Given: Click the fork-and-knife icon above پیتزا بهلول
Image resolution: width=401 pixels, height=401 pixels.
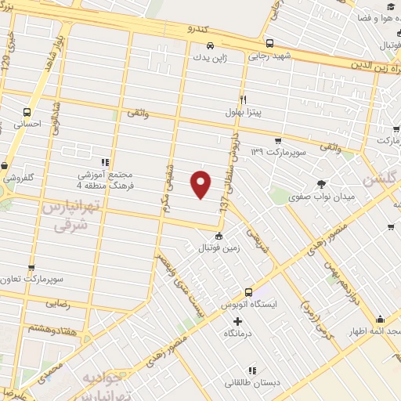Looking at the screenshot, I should (243, 99).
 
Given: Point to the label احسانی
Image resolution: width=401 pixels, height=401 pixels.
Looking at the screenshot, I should (28, 124).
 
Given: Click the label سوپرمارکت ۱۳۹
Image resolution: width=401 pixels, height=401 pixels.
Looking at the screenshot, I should (275, 150).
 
